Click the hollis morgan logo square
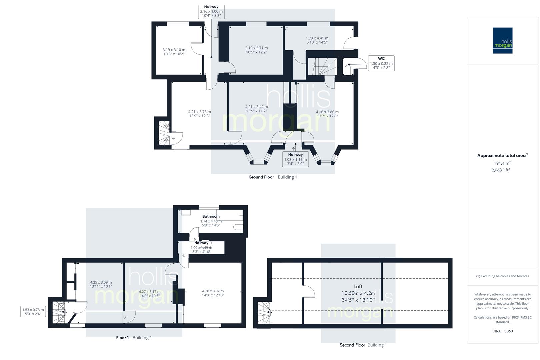point(502,40)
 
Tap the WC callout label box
point(381,63)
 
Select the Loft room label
point(358,286)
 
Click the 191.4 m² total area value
point(502,163)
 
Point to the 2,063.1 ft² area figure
point(501,170)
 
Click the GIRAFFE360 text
point(502,331)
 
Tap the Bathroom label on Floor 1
point(211,216)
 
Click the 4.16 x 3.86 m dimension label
point(327,114)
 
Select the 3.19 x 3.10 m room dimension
point(174,52)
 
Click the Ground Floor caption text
point(261,177)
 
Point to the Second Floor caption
point(352,345)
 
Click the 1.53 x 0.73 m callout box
point(33,312)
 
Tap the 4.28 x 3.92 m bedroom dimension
point(213,293)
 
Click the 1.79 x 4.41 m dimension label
point(317,40)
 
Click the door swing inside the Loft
point(309,291)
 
